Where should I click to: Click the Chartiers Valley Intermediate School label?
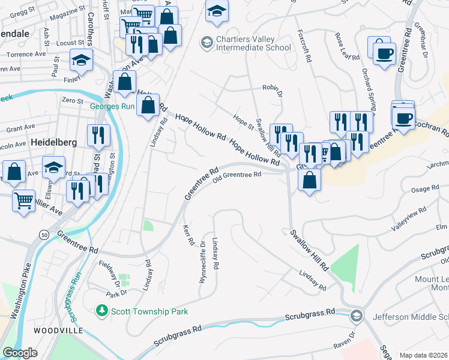[x=253, y=44]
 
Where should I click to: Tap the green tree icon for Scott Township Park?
[x=102, y=310]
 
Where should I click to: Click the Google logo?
[x=20, y=352]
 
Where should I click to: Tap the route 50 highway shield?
[x=45, y=235]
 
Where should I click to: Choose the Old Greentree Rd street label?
[x=237, y=175]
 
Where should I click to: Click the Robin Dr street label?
[x=271, y=88]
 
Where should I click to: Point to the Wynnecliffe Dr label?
[x=204, y=256]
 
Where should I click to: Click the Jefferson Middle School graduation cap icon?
[x=357, y=316]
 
